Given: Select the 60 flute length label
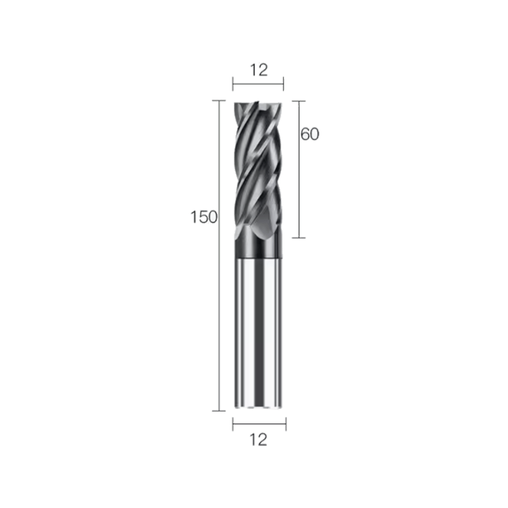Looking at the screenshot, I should (309, 134).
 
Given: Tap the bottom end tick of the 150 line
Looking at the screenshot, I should (219, 410).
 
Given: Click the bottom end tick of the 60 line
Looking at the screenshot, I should (299, 237).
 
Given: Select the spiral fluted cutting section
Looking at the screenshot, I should (258, 168).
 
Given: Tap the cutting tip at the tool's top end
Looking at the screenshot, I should (258, 105).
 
